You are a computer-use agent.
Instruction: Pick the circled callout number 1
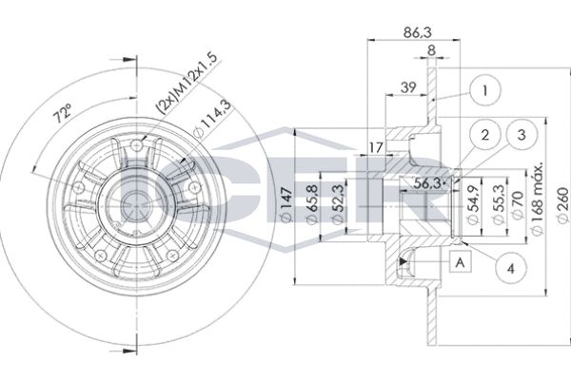click(x=485, y=92)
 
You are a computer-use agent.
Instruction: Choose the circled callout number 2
click(x=484, y=136)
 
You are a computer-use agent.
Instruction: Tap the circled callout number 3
click(x=520, y=136)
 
